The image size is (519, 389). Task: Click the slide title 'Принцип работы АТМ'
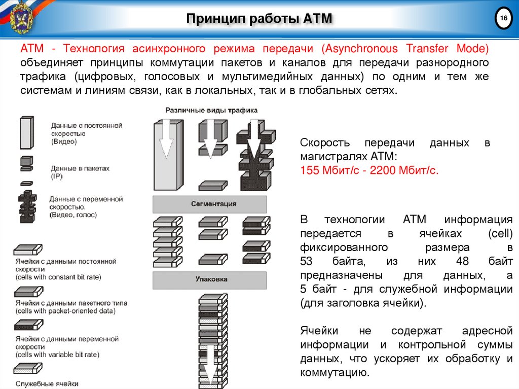259,19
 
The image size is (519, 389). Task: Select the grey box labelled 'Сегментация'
210,203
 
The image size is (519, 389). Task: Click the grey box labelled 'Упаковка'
210,279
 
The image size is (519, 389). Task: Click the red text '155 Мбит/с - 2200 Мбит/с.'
369,170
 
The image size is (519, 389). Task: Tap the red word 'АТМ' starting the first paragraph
31,49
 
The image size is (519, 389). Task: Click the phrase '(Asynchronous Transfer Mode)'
404,49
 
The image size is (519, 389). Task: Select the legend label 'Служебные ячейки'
47,383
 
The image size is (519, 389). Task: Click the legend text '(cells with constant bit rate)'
58,277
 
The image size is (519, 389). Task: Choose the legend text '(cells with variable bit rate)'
57,355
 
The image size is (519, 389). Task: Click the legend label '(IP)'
56,175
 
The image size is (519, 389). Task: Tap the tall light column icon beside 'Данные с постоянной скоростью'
26,132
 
